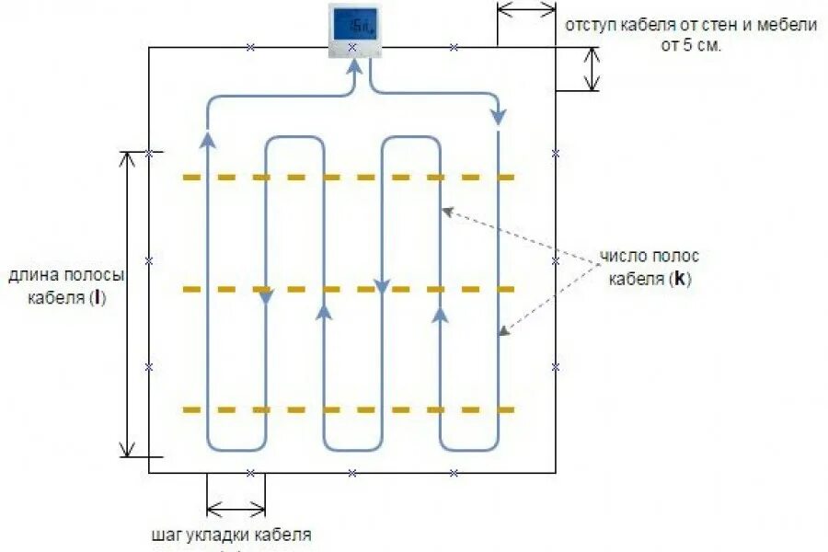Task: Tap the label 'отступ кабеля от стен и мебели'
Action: click(691, 26)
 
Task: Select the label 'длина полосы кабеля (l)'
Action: click(66, 286)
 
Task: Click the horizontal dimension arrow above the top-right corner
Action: click(526, 8)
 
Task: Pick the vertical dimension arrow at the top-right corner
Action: click(592, 69)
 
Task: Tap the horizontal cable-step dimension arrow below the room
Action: click(236, 506)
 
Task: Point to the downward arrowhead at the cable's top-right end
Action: click(499, 117)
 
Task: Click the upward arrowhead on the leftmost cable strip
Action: click(208, 139)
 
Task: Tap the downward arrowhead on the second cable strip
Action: click(266, 297)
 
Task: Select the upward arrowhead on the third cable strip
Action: click(324, 313)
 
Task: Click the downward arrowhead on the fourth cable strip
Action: click(382, 287)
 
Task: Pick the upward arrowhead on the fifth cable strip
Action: click(440, 315)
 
